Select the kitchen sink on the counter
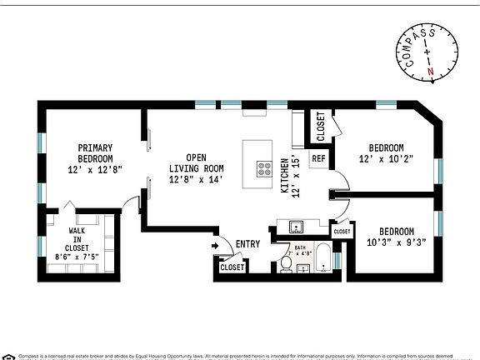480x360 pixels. [x=293, y=227]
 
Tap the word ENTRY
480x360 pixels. [x=247, y=244]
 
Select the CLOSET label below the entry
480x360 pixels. [x=232, y=267]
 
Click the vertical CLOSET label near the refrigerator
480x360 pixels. [x=321, y=127]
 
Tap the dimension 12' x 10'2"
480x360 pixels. [x=386, y=157]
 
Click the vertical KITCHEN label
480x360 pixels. [x=284, y=174]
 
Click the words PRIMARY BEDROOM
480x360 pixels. [x=95, y=153]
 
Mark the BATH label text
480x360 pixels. [x=300, y=248]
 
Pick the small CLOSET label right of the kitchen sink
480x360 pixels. [x=341, y=232]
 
